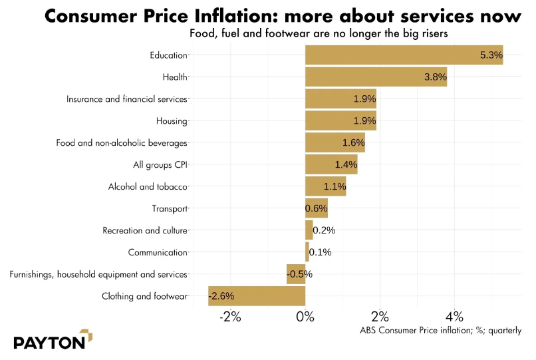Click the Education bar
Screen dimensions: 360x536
[x=404, y=55]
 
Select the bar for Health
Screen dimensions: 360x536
[x=376, y=77]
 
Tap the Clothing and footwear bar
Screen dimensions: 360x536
[x=257, y=296]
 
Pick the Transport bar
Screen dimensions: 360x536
[x=317, y=208]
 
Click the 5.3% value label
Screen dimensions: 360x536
[x=491, y=55]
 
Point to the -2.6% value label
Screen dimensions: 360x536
[x=221, y=296]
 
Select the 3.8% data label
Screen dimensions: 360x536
[x=435, y=77]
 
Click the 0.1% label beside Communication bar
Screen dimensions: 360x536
[x=321, y=252]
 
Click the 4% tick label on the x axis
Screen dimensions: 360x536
[x=454, y=317]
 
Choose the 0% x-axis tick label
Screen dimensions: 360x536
[x=305, y=317]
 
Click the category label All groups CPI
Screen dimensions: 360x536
[x=161, y=164]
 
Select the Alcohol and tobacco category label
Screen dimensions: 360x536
[x=148, y=187]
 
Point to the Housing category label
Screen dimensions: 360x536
[x=172, y=121]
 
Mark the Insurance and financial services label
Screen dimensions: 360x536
[x=127, y=99]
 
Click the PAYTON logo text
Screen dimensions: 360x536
[x=49, y=343]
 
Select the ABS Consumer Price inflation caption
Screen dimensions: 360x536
[x=440, y=330]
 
